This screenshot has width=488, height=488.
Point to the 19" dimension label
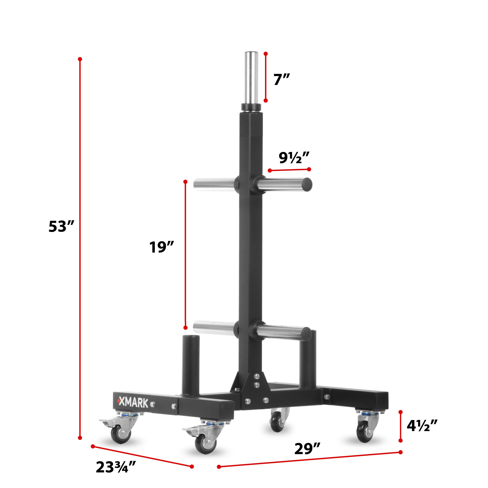point(161,247)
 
